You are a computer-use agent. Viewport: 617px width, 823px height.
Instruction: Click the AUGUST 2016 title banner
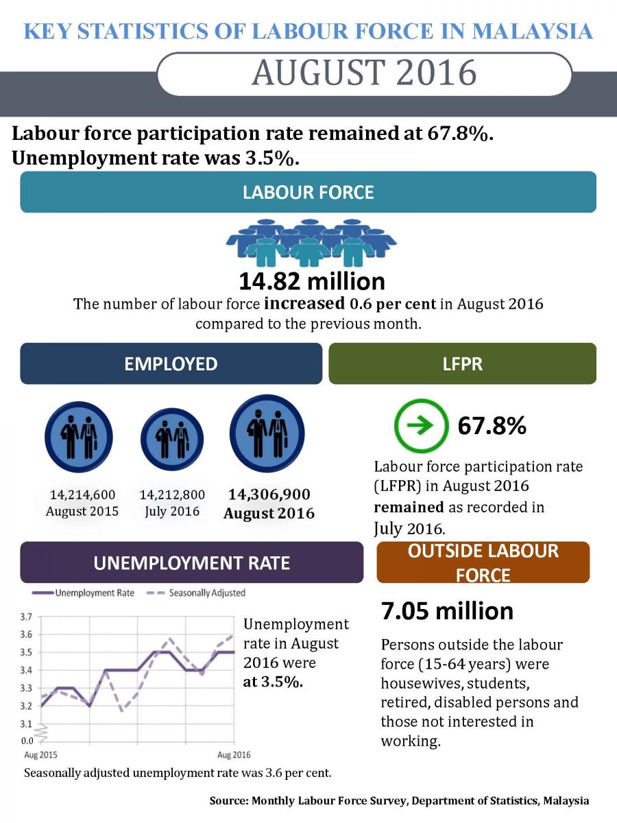pos(364,73)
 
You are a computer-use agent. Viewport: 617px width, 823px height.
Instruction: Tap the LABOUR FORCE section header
pos(308,192)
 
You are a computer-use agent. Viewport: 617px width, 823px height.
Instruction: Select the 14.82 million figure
pos(311,281)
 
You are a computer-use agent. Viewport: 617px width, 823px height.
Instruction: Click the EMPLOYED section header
pos(171,363)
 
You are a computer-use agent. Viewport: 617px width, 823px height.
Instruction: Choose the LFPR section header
pos(463,363)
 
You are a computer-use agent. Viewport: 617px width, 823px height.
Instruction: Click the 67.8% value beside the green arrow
pos(492,426)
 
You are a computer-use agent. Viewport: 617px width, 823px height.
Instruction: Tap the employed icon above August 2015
pos(78,438)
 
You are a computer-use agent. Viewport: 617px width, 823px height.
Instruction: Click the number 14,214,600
pos(82,494)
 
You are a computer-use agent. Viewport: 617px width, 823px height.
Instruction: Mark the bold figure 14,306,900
pos(269,494)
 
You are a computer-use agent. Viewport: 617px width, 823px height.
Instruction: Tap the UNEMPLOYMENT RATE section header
pos(191,563)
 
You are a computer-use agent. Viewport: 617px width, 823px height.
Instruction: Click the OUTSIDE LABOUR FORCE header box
pos(483,562)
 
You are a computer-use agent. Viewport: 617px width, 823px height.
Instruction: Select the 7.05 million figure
pos(447,610)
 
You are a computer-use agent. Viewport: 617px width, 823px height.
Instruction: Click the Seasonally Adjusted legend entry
pos(198,593)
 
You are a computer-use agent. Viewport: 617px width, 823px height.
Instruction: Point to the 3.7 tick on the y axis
pos(27,617)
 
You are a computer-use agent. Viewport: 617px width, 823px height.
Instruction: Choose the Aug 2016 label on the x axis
pos(234,755)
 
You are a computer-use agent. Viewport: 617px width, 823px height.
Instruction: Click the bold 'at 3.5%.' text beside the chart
pos(274,682)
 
